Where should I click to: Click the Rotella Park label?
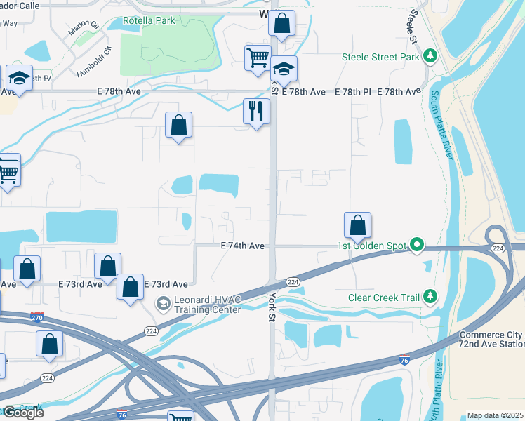pos(149,21)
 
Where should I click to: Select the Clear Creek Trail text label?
pos(383,297)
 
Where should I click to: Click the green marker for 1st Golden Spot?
pos(417,245)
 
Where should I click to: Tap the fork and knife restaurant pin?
pos(256,110)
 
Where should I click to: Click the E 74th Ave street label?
pos(242,246)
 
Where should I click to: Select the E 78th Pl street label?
pos(352,92)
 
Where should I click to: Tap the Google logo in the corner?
pos(22,412)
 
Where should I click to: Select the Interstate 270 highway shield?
pos(38,316)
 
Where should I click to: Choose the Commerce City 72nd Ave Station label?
pos(491,340)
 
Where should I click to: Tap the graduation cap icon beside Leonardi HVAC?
pos(163,302)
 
